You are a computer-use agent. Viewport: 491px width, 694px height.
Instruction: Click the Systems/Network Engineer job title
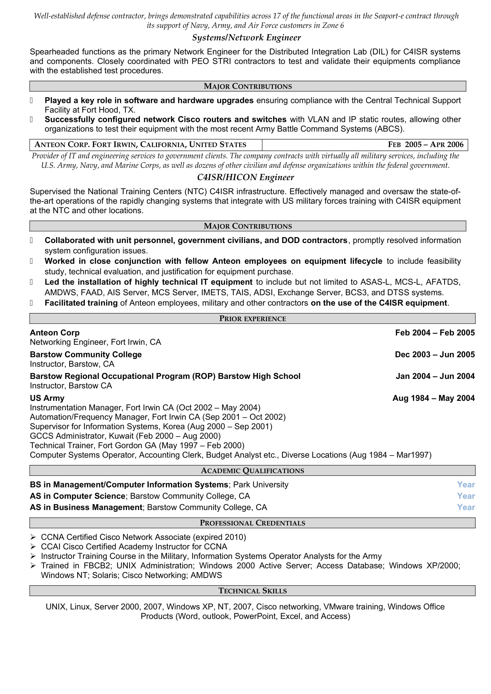(246, 37)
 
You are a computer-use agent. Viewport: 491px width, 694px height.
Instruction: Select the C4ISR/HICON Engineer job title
(246, 177)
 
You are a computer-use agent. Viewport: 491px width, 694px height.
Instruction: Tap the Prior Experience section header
(252, 319)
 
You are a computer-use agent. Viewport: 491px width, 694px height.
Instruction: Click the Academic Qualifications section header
(252, 471)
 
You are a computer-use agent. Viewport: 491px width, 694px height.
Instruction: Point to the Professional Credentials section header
(252, 523)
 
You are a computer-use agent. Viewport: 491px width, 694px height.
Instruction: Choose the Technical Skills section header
(252, 591)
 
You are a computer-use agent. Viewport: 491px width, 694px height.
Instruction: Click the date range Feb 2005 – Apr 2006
(425, 144)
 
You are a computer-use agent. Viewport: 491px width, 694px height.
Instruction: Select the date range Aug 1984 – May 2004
(433, 398)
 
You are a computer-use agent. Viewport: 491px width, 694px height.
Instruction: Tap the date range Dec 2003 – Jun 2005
(435, 355)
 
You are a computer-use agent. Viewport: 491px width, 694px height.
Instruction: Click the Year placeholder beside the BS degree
(466, 485)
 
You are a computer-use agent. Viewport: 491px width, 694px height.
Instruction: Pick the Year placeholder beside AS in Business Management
(466, 507)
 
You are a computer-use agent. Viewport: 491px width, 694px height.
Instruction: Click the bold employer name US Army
(47, 398)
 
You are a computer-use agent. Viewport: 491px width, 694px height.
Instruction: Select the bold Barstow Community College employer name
(86, 355)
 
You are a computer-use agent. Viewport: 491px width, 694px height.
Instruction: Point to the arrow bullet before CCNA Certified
(33, 537)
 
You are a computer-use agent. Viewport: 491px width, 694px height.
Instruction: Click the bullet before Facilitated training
(31, 303)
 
